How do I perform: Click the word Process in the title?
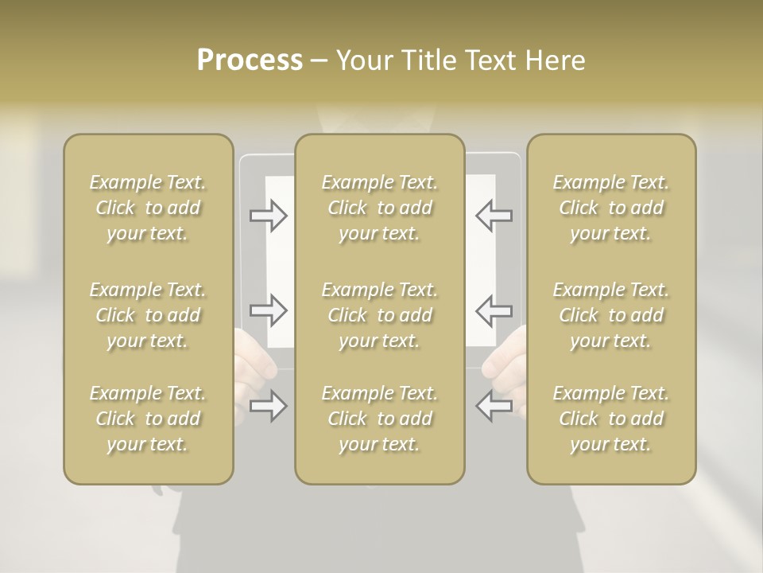(250, 60)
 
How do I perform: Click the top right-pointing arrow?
(269, 215)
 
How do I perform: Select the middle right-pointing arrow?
(269, 310)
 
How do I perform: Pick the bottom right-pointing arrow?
(269, 406)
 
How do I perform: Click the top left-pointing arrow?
(494, 215)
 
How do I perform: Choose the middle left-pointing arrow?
(494, 310)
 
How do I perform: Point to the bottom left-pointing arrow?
(494, 406)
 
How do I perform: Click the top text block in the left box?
(148, 208)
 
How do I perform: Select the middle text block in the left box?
(148, 315)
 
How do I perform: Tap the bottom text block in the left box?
(148, 419)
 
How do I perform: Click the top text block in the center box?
(379, 208)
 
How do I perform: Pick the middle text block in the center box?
(379, 315)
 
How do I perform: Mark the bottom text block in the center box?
(379, 419)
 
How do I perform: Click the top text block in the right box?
(610, 208)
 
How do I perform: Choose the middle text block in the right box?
(610, 315)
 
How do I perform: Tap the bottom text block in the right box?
(610, 419)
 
